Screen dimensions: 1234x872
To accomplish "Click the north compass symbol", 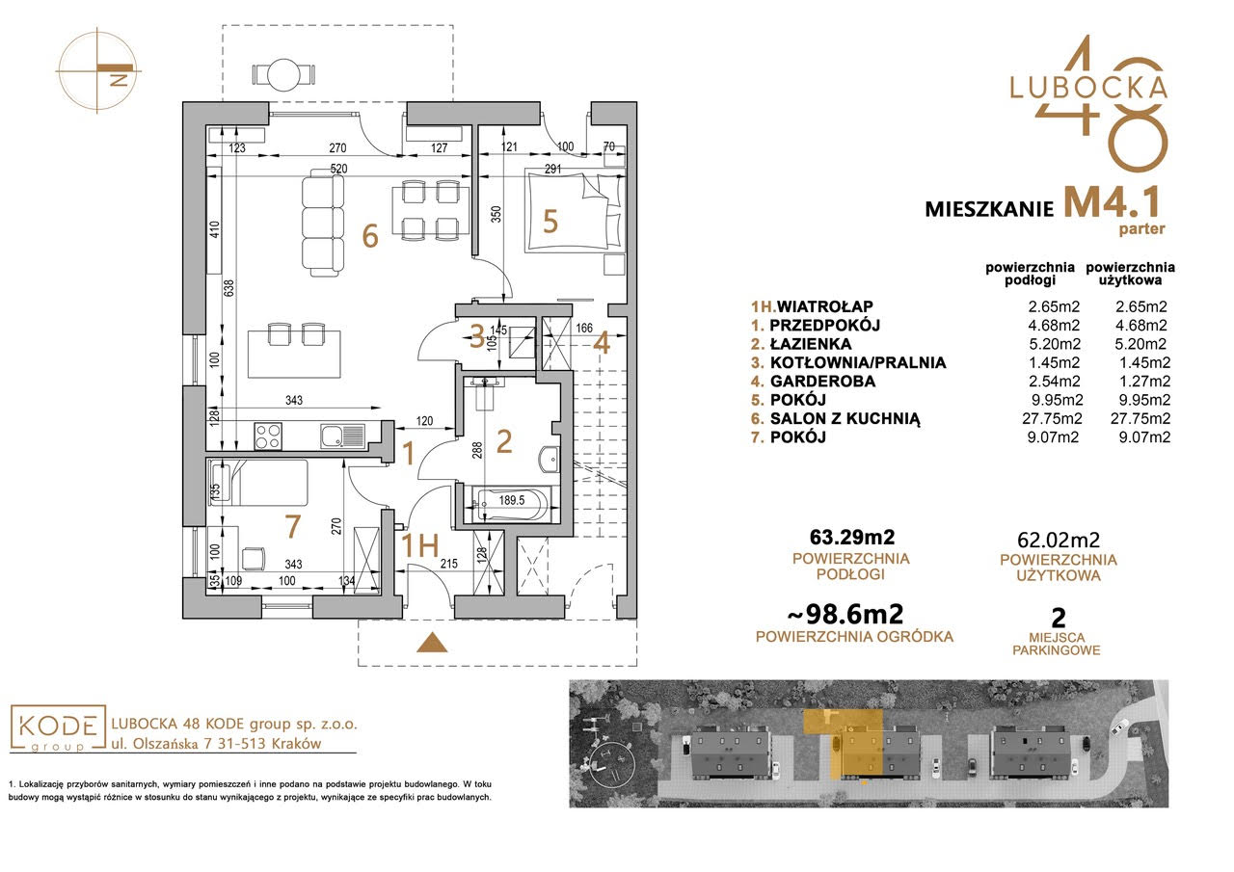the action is pos(97,70).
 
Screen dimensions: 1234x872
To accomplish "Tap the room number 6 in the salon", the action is pos(370,236).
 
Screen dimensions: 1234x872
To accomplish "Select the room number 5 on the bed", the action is pos(550,222).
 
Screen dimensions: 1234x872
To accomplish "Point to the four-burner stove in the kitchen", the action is pos(268,436).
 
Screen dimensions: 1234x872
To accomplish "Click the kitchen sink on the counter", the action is pos(342,436).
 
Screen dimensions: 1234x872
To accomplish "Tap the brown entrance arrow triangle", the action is pos(433,643).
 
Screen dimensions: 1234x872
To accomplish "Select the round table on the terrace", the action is pos(284,74).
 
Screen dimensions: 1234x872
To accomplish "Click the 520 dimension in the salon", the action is pos(338,169).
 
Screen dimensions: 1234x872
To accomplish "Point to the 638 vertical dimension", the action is pos(229,288).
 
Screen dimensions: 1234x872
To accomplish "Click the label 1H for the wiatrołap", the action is pos(419,545).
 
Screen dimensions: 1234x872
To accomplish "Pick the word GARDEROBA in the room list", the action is pos(822,381).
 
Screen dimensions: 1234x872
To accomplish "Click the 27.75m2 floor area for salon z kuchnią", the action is pos(1052,418).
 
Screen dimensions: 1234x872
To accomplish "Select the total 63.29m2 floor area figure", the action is pos(852,537).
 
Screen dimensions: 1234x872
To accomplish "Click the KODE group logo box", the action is pos(58,728).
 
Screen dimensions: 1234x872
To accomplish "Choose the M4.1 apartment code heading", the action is pos(1111,202).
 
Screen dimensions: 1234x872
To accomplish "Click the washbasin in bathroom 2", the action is pos(548,459).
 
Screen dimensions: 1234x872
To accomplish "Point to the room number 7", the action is pos(292,526).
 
